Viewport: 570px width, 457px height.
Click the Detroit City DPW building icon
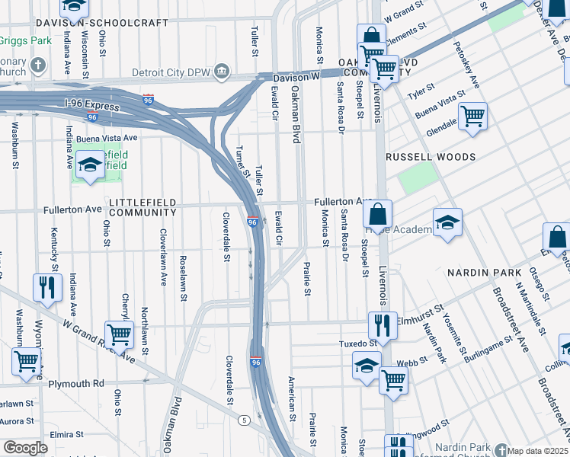[221, 71]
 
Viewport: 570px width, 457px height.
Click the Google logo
[25, 448]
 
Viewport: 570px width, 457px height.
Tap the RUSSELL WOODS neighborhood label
[431, 156]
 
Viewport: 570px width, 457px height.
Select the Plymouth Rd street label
[77, 384]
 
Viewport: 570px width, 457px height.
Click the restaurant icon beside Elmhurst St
[382, 324]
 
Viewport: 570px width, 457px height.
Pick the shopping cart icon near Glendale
[472, 117]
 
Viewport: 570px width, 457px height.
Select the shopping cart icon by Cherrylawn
[119, 334]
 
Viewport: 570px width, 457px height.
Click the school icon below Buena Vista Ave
[89, 165]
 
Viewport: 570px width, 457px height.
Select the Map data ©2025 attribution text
[538, 451]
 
